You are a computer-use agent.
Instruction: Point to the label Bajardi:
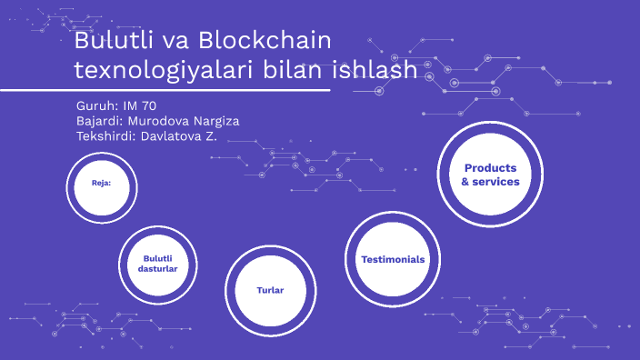click(101, 121)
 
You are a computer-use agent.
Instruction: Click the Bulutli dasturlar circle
click(156, 265)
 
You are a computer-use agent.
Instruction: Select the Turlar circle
click(270, 290)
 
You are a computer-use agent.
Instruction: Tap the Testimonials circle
click(392, 259)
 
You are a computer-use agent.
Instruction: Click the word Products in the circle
click(490, 168)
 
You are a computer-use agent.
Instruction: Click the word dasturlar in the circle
click(156, 270)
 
